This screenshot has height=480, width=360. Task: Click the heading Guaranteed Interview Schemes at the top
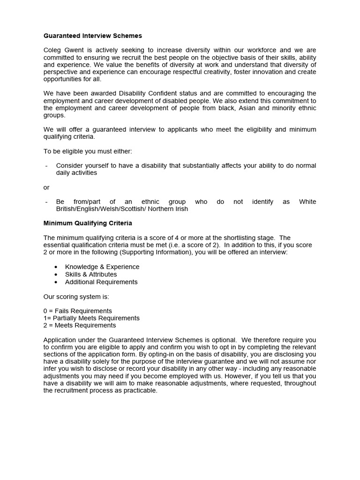tap(92, 36)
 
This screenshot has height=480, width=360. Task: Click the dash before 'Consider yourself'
tap(46, 166)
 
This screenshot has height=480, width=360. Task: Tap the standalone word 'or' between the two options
tap(46, 187)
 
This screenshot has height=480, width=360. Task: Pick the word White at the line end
tap(307, 202)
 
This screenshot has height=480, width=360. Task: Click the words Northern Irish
tap(169, 209)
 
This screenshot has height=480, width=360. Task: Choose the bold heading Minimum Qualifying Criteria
tap(88, 223)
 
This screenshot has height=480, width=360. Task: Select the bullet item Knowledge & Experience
tap(102, 267)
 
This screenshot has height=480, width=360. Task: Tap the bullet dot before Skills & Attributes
tap(56, 275)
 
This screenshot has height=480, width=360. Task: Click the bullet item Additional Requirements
tap(101, 282)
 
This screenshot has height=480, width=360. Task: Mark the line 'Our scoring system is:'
tap(76, 297)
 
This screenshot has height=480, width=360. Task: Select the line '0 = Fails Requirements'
tap(77, 311)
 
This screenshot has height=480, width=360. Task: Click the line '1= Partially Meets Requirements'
tap(91, 318)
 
